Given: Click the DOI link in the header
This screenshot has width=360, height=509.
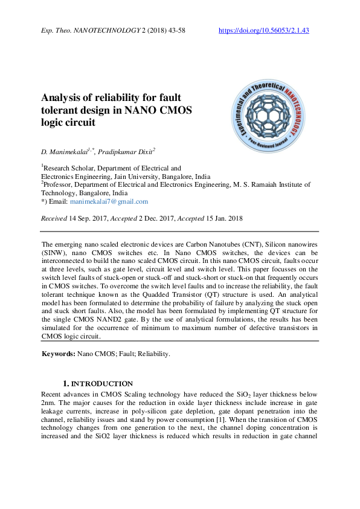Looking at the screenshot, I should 263,30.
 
